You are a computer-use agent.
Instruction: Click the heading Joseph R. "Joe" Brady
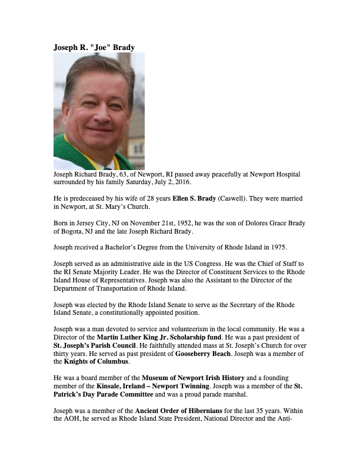94,47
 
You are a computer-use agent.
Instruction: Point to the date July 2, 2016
177,183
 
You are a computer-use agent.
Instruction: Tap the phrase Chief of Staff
272,264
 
